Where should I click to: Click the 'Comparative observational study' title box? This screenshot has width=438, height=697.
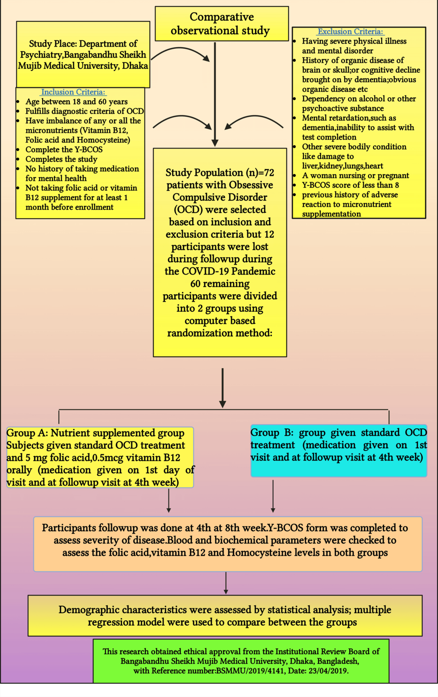222,24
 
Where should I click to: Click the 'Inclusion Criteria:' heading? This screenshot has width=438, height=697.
73,92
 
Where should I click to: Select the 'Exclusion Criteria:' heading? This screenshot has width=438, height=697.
350,32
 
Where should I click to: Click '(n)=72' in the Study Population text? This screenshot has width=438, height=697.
260,173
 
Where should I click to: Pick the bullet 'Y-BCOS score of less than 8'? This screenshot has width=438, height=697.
350,185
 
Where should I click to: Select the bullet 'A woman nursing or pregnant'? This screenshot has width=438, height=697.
355,175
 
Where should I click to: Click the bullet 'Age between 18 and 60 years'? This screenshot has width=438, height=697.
76,102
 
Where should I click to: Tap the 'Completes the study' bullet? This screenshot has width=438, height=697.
61,159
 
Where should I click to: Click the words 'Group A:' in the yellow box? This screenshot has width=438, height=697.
27,433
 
